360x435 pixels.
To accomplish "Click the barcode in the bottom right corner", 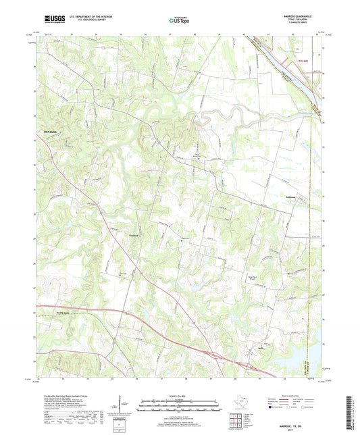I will coord(349,412).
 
